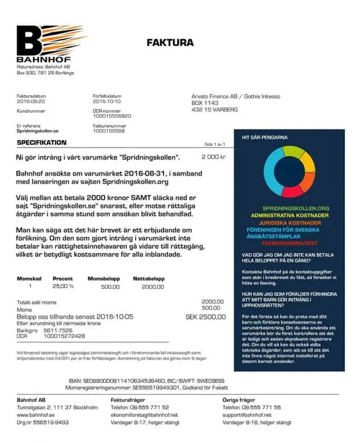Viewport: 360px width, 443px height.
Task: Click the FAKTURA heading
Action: point(170,42)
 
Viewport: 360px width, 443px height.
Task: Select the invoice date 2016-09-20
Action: point(31,102)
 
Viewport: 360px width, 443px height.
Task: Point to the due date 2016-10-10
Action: point(107,102)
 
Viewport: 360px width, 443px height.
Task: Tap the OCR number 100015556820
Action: point(112,115)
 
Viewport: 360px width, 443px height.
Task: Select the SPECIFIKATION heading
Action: point(42,143)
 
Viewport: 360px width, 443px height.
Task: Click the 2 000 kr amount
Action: point(213,156)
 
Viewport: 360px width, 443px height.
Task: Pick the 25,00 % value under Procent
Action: point(63,287)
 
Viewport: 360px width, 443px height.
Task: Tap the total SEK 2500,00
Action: point(205,317)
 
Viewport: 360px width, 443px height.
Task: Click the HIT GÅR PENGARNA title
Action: point(265,137)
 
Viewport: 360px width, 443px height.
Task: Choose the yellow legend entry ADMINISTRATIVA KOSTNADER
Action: point(291,216)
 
